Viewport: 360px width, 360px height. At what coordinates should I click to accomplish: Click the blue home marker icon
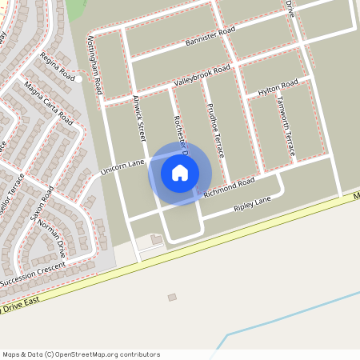pos(180,173)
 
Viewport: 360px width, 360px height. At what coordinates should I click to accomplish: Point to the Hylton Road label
pos(278,88)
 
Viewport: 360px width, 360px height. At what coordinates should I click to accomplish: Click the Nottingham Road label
pos(94,64)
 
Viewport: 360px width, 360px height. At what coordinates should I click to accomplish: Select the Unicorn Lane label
pos(122,166)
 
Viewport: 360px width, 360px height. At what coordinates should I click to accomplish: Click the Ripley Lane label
pos(253,206)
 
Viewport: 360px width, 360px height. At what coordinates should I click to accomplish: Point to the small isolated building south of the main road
pos(172,298)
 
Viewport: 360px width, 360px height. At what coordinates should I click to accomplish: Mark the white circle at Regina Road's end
pos(79,79)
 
